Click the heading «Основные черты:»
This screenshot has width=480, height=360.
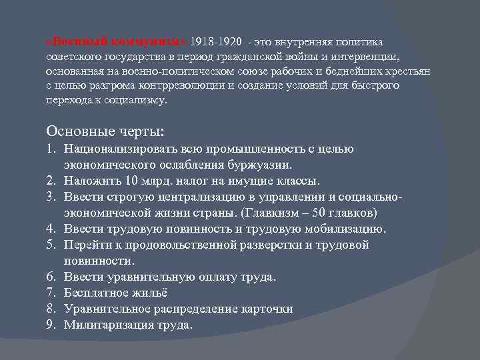(105, 129)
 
